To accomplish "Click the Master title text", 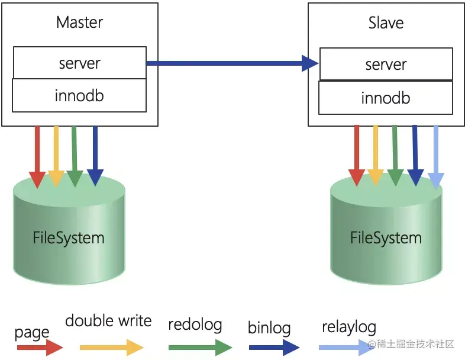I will tap(79, 22).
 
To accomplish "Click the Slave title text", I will tap(386, 23).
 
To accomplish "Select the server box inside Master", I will tap(79, 63).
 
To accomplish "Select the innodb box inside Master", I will tap(79, 95).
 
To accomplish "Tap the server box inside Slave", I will tap(386, 64).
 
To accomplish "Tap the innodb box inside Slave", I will tap(386, 98).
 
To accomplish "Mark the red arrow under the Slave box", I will tap(356, 155).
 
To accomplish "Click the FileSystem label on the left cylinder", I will tap(69, 238).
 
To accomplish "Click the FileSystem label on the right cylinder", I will tap(386, 238).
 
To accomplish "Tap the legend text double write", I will tap(108, 321).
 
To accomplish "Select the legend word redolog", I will tap(195, 324).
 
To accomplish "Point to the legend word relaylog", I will tap(349, 327).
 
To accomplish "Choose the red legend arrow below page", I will tap(40, 348).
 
